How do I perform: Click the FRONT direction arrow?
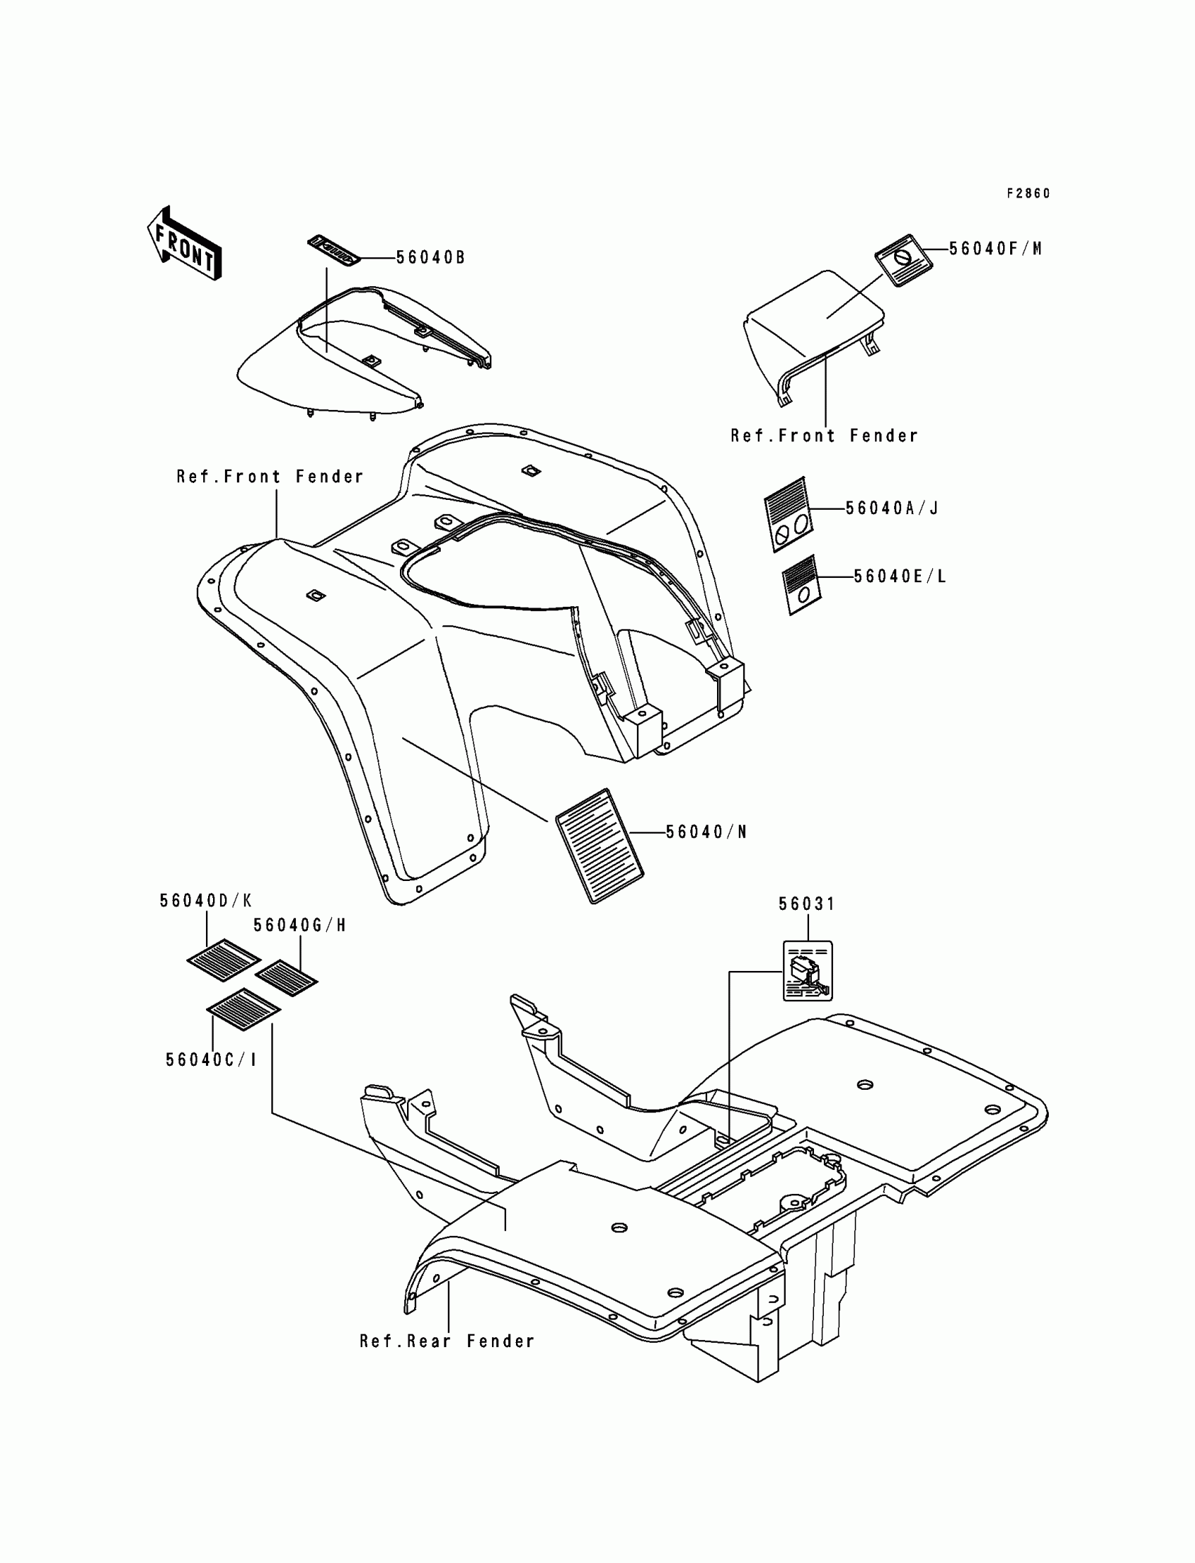pos(184,245)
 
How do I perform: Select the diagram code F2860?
pos(1028,193)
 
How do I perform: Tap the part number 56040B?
pos(430,257)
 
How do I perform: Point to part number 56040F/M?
pos(995,249)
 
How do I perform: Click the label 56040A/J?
pos(892,508)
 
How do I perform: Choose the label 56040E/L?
pos(900,577)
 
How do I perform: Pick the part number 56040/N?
pos(706,832)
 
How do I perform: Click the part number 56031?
pos(807,904)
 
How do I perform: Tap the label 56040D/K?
pos(205,901)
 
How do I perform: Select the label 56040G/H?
pos(299,925)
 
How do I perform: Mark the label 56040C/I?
pos(211,1060)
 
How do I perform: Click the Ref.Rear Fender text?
pos(446,1342)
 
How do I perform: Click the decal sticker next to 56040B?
pos(335,251)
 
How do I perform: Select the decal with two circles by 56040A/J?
pos(787,514)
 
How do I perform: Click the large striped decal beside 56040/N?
pos(600,845)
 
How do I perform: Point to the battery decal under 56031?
pos(808,971)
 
